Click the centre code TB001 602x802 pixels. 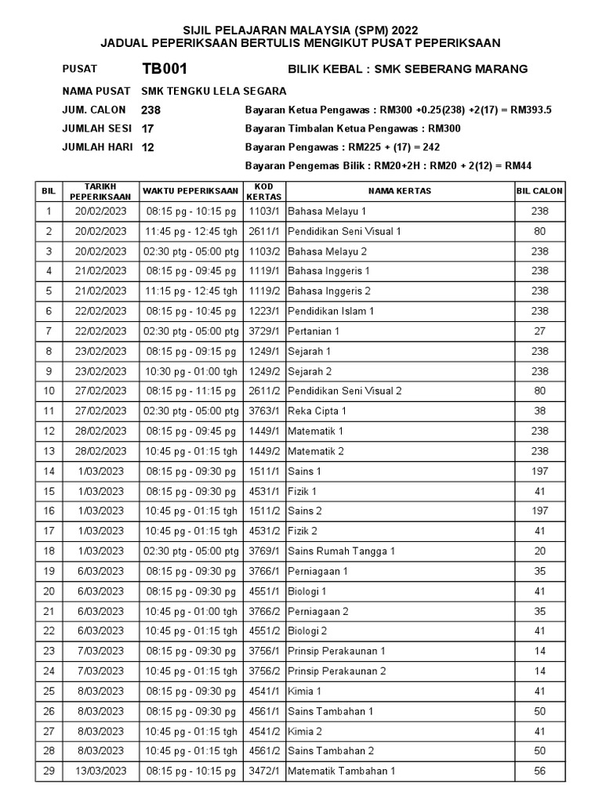(x=164, y=69)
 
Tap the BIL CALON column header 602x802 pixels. (x=539, y=191)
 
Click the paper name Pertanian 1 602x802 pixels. (x=314, y=331)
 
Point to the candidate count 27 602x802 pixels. (x=539, y=331)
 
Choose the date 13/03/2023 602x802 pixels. (x=100, y=771)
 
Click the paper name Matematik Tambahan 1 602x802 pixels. (x=341, y=771)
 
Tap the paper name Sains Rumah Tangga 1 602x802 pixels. (x=341, y=551)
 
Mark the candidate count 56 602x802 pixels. (x=539, y=771)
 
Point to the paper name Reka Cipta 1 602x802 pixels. (x=317, y=411)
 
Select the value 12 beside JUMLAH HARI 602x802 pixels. (x=148, y=146)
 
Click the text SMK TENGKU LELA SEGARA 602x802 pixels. (x=204, y=91)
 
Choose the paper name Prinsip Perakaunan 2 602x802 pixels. (x=336, y=671)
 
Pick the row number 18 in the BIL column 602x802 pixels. (x=49, y=551)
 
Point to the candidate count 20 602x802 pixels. (x=539, y=551)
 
